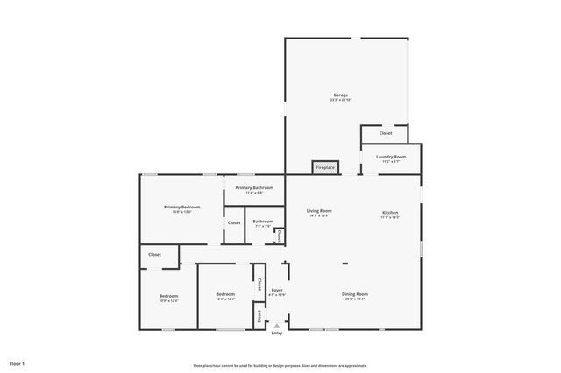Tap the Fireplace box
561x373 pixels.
pyautogui.click(x=325, y=167)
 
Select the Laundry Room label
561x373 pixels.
pyautogui.click(x=390, y=158)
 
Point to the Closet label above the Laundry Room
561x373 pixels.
pyautogui.click(x=385, y=133)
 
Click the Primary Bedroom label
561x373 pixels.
pyautogui.click(x=181, y=208)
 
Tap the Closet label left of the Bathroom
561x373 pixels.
pyautogui.click(x=234, y=222)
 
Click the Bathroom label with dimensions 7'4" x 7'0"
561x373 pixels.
pyautogui.click(x=263, y=222)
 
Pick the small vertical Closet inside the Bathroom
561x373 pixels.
pyautogui.click(x=279, y=235)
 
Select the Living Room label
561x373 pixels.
pyautogui.click(x=318, y=212)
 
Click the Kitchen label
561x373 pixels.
pyautogui.click(x=390, y=213)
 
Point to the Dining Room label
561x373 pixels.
pyautogui.click(x=354, y=295)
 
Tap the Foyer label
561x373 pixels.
pyautogui.click(x=277, y=291)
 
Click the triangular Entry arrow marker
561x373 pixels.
pyautogui.click(x=277, y=325)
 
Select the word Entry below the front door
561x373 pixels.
pyautogui.click(x=277, y=334)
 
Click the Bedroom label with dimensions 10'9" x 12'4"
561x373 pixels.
pyautogui.click(x=168, y=298)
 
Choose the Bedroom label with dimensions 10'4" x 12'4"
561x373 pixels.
pyautogui.click(x=225, y=296)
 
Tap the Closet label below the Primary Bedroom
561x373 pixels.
pyautogui.click(x=154, y=255)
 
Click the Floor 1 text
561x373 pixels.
pyautogui.click(x=18, y=362)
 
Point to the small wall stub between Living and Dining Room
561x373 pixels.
pyautogui.click(x=344, y=263)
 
